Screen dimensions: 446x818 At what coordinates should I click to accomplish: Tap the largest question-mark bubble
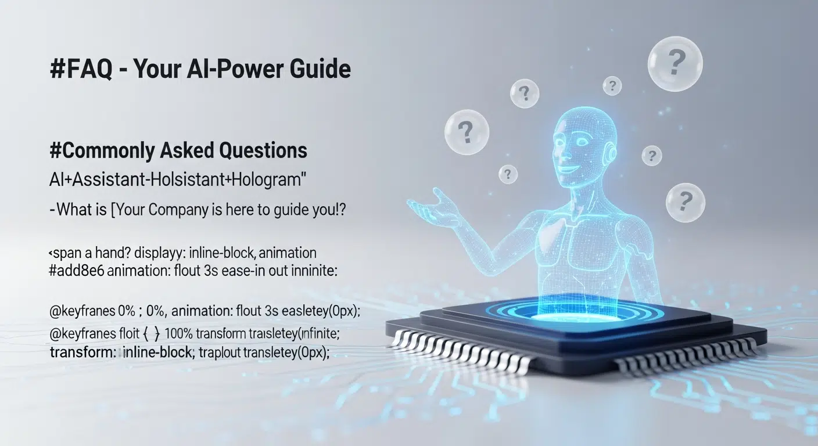coord(675,63)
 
